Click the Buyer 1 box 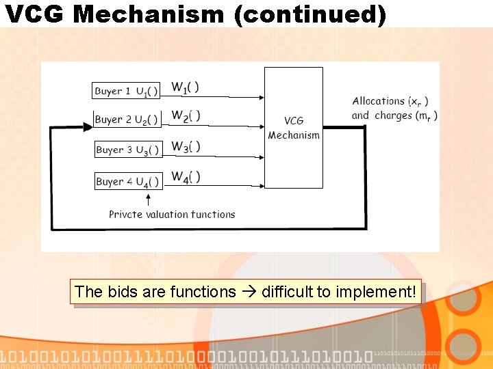point(127,90)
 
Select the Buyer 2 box point(127,119)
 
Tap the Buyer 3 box point(127,150)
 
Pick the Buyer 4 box point(127,181)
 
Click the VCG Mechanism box point(294,128)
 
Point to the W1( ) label point(185,87)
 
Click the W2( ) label point(185,116)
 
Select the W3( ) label point(185,147)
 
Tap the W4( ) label point(185,178)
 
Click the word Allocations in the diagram point(378,101)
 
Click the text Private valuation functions point(172,214)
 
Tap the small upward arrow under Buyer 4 point(149,200)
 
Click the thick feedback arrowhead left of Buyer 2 point(87,126)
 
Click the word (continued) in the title point(309,14)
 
